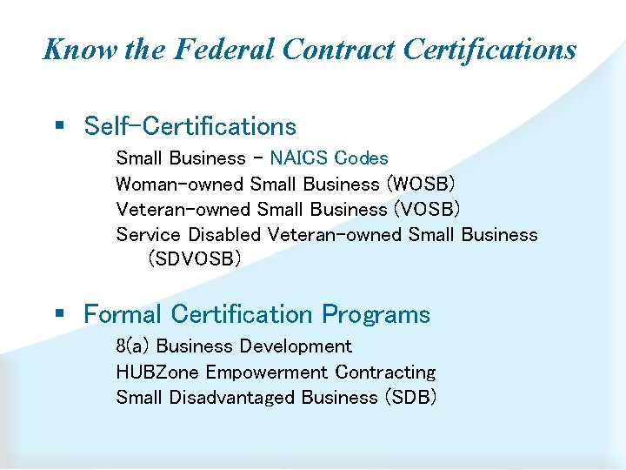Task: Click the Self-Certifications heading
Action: [x=190, y=126]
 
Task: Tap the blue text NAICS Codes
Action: [x=329, y=158]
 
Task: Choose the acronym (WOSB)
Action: [x=420, y=185]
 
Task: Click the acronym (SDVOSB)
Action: [x=195, y=259]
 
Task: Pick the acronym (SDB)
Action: [x=408, y=398]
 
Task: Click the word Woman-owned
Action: [x=180, y=185]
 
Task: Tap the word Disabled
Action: [x=224, y=235]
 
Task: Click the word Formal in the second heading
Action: [x=123, y=314]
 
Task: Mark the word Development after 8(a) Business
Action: [x=296, y=346]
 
